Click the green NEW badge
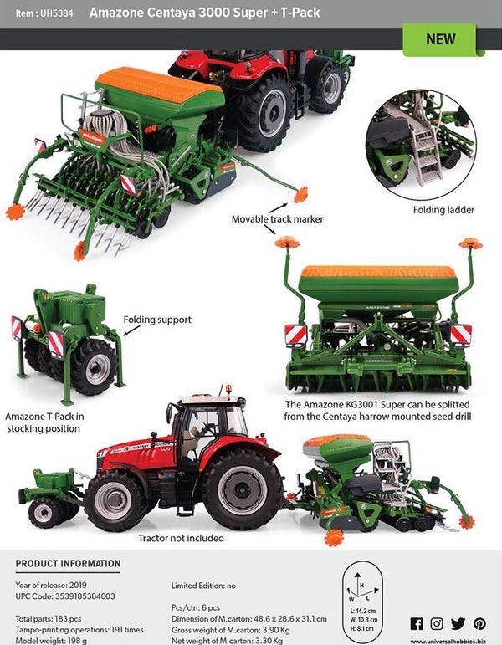pyautogui.click(x=441, y=39)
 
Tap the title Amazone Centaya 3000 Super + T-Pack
pyautogui.click(x=204, y=13)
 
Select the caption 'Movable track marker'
pyautogui.click(x=278, y=219)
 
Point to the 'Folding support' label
pyautogui.click(x=156, y=320)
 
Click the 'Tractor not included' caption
pyautogui.click(x=181, y=538)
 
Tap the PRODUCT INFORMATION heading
pyautogui.click(x=68, y=564)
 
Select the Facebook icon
pyautogui.click(x=417, y=623)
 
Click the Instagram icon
pyautogui.click(x=438, y=623)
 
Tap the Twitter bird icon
pyautogui.click(x=458, y=623)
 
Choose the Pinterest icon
pyautogui.click(x=479, y=623)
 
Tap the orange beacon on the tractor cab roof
pyautogui.click(x=226, y=389)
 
